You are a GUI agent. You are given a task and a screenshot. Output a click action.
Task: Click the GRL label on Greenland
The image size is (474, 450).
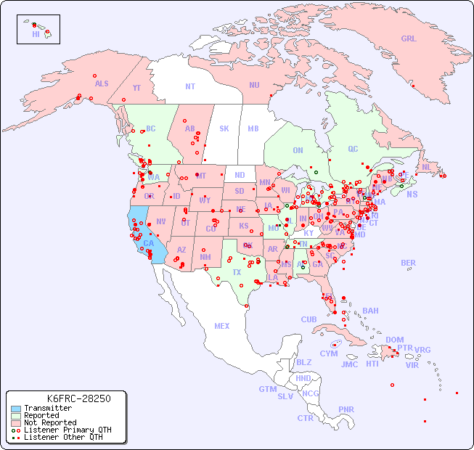[x=409, y=39]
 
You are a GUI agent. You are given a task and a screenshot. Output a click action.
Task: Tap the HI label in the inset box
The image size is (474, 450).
[x=36, y=34]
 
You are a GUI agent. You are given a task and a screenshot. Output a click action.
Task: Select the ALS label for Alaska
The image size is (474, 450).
[x=102, y=83]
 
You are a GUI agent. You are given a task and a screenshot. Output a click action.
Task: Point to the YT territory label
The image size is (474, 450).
[x=136, y=88]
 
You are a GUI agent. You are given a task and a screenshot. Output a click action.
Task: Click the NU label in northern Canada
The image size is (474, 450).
[x=254, y=85]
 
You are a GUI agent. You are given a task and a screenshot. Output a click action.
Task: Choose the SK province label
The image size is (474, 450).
[x=224, y=129]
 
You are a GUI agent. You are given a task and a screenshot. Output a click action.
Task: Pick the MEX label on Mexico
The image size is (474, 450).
[x=222, y=326]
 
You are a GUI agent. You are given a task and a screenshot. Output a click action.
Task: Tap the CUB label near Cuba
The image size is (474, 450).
[x=309, y=319]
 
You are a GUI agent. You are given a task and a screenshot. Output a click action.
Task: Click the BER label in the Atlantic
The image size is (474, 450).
[x=409, y=263]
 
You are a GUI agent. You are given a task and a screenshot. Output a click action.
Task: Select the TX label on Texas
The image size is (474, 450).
[x=237, y=272]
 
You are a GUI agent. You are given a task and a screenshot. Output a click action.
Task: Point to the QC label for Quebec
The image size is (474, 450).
[x=353, y=149]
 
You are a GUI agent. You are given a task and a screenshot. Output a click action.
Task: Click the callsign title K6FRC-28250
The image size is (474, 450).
[x=78, y=398]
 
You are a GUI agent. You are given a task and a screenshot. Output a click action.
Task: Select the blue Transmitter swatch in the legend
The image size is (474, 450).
[x=16, y=409]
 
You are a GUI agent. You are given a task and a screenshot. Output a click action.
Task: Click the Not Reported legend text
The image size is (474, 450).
[x=50, y=422]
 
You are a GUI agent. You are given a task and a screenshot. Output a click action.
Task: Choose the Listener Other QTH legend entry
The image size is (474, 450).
[x=63, y=437]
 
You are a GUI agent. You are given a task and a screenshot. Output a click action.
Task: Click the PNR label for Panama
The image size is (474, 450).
[x=346, y=409]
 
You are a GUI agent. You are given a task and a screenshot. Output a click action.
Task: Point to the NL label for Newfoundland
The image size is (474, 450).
[x=426, y=167]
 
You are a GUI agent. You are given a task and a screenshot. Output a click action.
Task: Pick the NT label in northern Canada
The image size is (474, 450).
[x=190, y=86]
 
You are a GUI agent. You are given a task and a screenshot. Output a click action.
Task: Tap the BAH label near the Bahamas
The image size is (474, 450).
[x=370, y=311]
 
